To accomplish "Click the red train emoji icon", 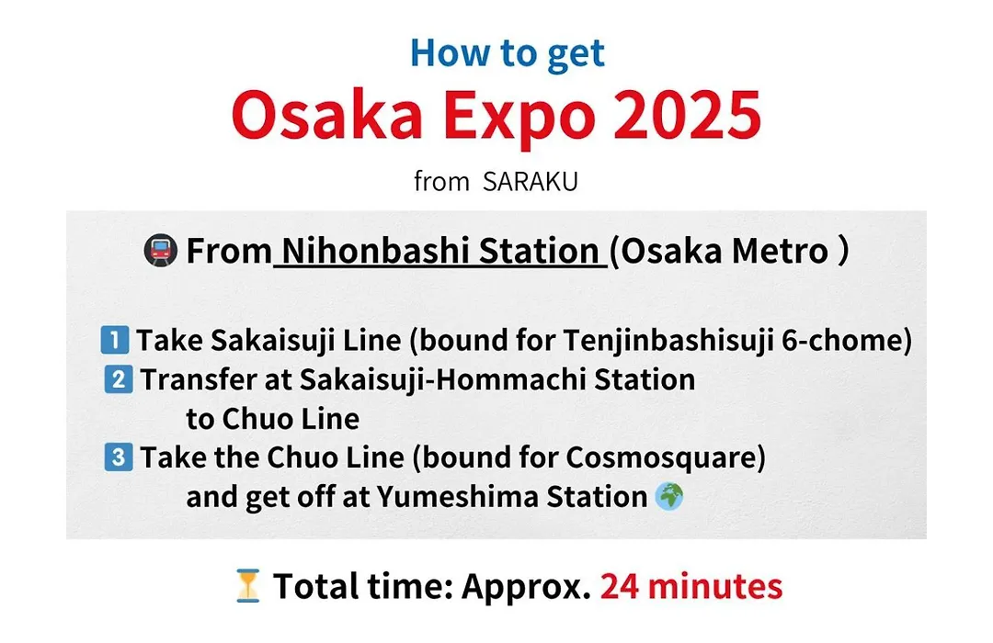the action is click(160, 251).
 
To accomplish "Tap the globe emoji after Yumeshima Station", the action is click(669, 496).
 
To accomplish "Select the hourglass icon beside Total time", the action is click(247, 586).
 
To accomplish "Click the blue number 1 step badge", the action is click(115, 340).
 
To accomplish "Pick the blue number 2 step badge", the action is click(119, 379).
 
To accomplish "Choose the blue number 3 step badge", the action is click(119, 457).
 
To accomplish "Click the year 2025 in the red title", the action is click(687, 115).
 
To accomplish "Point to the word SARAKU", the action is click(531, 182).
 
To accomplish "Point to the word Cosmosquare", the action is click(666, 458).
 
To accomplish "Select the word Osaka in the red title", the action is click(326, 115).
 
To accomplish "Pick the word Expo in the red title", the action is click(519, 120).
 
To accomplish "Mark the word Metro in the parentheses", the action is click(781, 251).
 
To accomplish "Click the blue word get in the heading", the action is click(576, 54).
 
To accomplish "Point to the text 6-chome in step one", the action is click(847, 341).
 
